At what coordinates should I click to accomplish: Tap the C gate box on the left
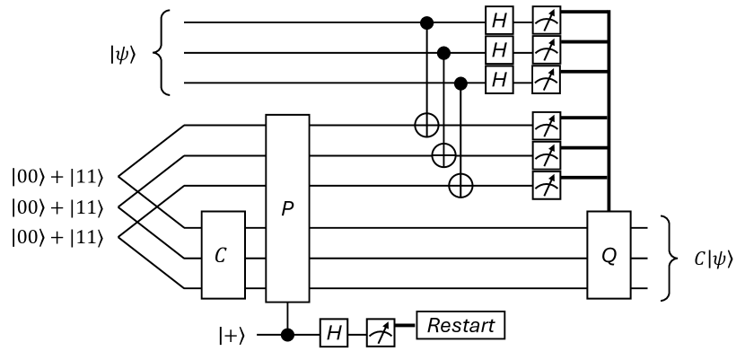[x=223, y=255]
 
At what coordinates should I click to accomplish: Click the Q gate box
[x=609, y=255]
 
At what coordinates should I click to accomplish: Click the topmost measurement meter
[x=544, y=19]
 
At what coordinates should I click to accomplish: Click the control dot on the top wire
[x=425, y=19]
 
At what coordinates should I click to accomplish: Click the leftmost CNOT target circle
[x=425, y=126]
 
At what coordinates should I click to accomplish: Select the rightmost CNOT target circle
[x=461, y=185]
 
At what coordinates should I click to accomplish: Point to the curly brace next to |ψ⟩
[x=162, y=52]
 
